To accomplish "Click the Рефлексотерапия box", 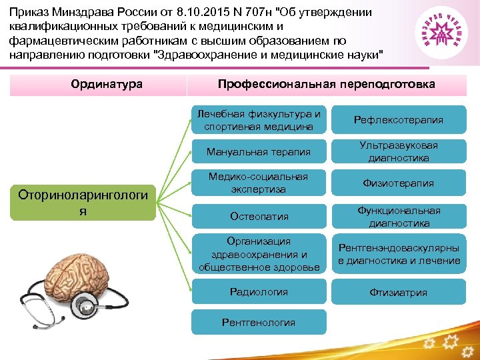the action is [x=399, y=120].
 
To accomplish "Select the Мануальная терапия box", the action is [x=259, y=152].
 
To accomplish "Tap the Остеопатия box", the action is [x=259, y=216].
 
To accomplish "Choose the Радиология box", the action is [x=259, y=292].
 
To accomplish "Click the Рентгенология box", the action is [x=259, y=323].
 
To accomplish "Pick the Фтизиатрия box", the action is [x=399, y=292].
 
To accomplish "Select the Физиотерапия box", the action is [x=399, y=183].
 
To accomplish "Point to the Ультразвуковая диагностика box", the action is [x=399, y=152].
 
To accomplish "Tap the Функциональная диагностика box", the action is [x=399, y=216].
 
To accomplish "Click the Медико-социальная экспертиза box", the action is [x=259, y=183].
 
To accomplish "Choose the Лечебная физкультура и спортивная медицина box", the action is [x=259, y=120].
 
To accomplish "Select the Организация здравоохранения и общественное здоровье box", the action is [x=259, y=254].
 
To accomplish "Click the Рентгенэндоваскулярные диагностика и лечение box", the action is [x=399, y=254].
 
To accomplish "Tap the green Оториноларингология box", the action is [x=84, y=202].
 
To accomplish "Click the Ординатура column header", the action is [x=97, y=85].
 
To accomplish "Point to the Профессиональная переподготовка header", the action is [x=327, y=85].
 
